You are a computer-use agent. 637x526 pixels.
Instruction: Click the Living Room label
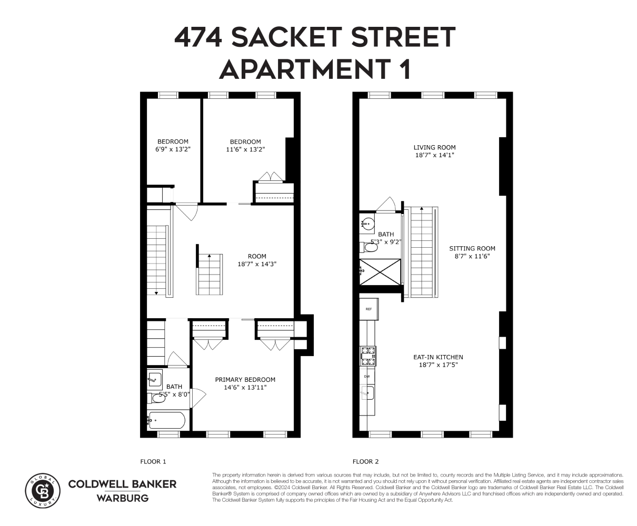point(434,151)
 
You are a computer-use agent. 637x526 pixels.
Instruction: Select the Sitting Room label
point(472,252)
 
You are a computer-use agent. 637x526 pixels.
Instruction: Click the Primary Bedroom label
point(245,383)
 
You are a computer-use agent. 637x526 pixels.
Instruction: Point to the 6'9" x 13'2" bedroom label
point(173,145)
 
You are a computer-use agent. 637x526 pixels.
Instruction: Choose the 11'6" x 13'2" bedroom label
point(245,145)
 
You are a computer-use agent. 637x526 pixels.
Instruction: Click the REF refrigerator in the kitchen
point(369,309)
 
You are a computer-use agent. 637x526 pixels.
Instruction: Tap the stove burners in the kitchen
point(367,356)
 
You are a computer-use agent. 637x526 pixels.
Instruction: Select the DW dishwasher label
point(367,376)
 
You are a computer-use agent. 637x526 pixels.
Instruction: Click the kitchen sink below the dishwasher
point(368,392)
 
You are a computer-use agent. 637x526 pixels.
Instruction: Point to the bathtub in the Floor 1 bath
point(166,420)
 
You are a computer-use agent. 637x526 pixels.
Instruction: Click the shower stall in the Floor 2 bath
point(380,271)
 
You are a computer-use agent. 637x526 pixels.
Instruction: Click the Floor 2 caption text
point(365,462)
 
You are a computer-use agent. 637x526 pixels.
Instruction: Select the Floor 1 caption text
point(153,462)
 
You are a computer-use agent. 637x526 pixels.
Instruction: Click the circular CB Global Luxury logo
point(43,489)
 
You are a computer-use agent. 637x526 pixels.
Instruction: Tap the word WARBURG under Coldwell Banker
point(122,498)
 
